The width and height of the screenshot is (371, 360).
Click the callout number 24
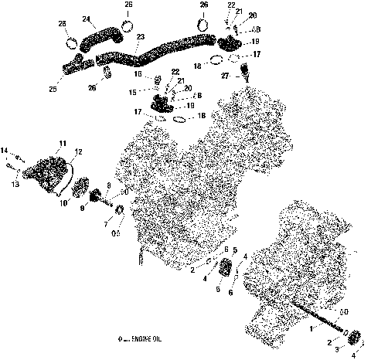click(86, 19)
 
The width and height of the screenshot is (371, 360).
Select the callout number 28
click(62, 25)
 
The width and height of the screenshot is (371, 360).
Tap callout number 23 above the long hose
click(139, 37)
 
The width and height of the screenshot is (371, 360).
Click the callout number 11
click(63, 144)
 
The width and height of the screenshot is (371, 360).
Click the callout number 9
click(83, 209)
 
